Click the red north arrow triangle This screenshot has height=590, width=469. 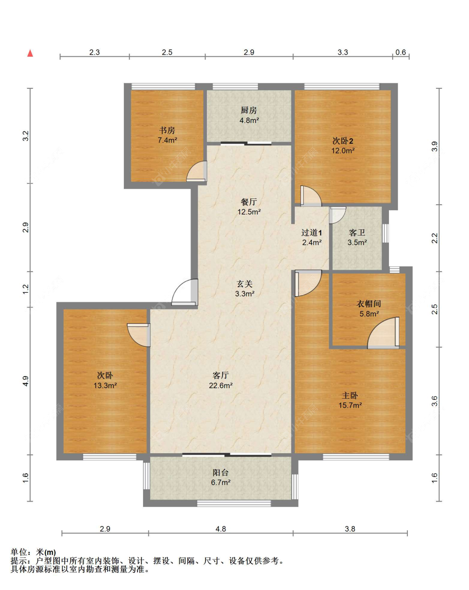(x=30, y=53)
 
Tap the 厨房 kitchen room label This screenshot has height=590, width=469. (x=249, y=110)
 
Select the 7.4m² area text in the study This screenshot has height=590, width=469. (x=167, y=140)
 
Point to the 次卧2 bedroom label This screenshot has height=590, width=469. (x=343, y=141)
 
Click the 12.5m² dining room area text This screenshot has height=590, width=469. (x=249, y=212)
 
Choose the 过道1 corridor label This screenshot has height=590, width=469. (x=312, y=233)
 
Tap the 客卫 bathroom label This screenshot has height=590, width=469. (x=357, y=233)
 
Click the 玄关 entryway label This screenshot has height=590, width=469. (x=244, y=284)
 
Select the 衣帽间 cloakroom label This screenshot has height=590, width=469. (x=369, y=304)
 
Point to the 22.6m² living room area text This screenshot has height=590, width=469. (x=221, y=385)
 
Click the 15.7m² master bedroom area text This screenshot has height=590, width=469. (x=350, y=405)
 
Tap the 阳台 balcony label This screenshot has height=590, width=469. (x=221, y=473)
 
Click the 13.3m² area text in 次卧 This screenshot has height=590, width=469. (x=105, y=385)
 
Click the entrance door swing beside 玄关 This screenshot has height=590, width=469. (x=185, y=292)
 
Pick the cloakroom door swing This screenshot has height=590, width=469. (x=383, y=333)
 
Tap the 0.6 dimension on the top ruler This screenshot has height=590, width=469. (x=401, y=52)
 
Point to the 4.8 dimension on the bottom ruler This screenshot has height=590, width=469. (x=221, y=529)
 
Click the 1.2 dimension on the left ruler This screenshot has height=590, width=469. (x=25, y=289)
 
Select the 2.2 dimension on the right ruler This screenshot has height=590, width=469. (x=435, y=238)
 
